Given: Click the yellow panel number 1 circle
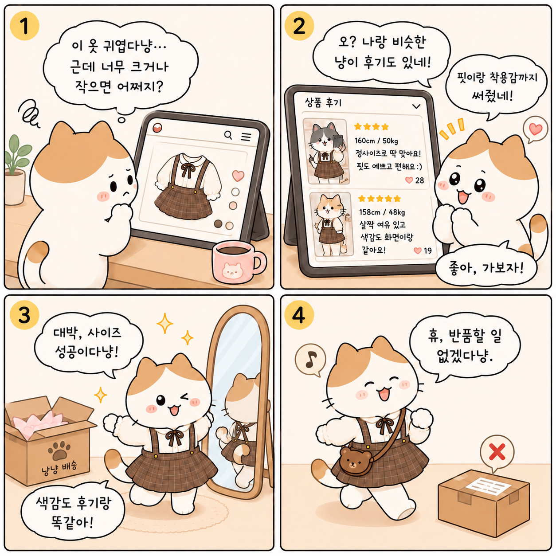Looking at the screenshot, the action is [24, 26].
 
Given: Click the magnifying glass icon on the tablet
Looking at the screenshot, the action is [228, 135].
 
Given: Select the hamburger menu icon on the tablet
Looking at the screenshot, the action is [246, 137].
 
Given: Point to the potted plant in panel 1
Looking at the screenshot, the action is [16, 170].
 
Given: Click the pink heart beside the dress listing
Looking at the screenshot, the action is [238, 175].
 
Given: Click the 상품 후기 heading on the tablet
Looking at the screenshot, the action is [323, 102].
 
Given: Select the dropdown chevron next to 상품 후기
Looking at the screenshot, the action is [416, 106].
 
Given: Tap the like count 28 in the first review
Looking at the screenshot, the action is [419, 180].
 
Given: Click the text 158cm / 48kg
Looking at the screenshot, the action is [382, 212].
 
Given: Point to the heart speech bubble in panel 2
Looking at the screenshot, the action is [535, 129].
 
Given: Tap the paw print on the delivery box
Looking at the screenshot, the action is [59, 450].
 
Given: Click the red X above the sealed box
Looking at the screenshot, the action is [497, 452].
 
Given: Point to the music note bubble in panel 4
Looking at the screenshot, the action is [310, 360].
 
